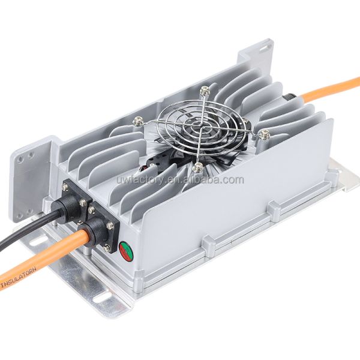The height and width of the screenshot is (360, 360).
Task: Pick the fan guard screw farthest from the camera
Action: (x=205, y=91)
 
